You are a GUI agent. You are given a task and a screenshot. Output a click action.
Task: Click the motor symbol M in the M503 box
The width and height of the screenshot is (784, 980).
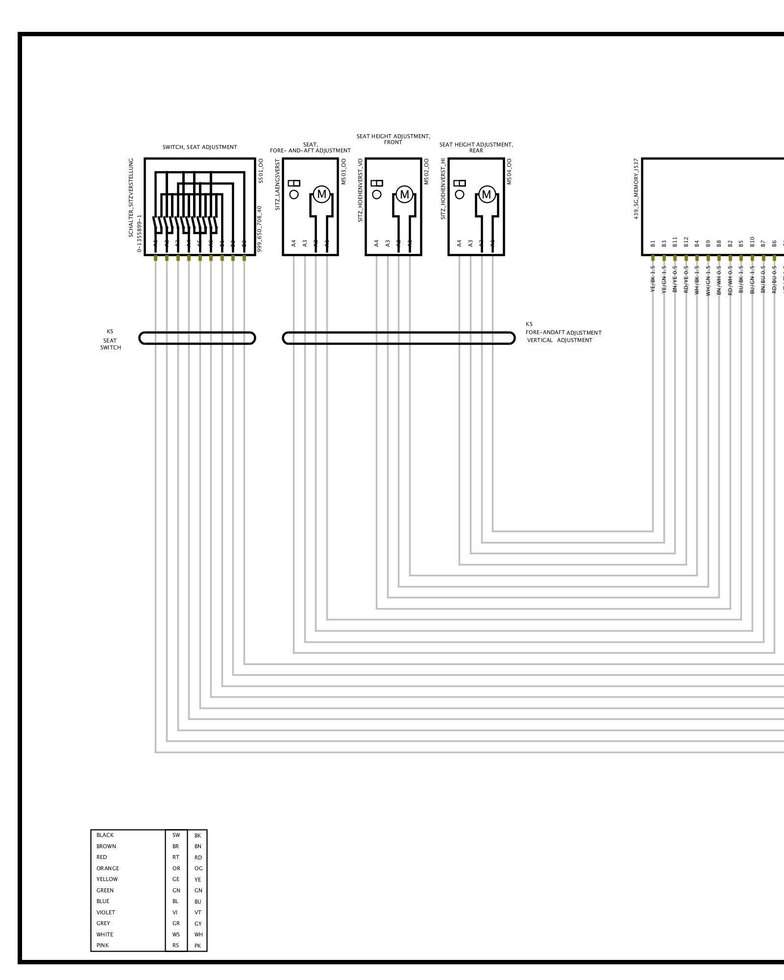(321, 195)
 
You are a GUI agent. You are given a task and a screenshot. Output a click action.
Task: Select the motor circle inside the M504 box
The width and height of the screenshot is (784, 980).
(487, 195)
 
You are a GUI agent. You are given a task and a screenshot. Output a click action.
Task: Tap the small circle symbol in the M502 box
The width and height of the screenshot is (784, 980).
(377, 195)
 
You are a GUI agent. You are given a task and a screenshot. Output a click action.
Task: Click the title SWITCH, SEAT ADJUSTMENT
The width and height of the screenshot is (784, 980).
(199, 147)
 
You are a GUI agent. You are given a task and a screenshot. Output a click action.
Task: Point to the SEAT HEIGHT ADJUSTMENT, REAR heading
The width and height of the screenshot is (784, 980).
(476, 147)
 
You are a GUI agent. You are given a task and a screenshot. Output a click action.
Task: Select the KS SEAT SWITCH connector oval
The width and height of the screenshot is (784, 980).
(197, 338)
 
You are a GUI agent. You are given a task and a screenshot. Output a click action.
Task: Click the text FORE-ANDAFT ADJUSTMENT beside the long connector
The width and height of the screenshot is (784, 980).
(563, 333)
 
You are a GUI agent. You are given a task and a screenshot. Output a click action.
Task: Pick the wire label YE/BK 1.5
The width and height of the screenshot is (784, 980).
(653, 279)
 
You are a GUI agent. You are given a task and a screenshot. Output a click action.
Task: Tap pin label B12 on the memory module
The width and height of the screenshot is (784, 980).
(686, 242)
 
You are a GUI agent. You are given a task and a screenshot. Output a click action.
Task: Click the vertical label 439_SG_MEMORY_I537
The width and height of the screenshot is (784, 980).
(637, 189)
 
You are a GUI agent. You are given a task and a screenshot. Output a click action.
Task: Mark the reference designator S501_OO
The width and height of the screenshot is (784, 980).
(261, 171)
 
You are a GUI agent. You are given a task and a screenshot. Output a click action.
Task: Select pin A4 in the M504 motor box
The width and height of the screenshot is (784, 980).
(459, 243)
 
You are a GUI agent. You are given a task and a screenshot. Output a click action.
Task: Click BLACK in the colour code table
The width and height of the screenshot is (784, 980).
(105, 835)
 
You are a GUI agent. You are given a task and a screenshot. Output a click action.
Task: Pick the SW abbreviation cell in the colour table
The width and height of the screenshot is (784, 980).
(176, 835)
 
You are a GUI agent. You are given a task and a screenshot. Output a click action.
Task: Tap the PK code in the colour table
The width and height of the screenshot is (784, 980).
(197, 946)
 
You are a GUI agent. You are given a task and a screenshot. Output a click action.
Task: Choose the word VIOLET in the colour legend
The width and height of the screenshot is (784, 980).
(106, 912)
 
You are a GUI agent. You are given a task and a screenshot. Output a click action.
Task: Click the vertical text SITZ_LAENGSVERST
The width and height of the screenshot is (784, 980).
(277, 185)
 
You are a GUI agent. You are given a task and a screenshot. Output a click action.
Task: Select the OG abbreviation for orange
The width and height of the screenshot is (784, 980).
(198, 868)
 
